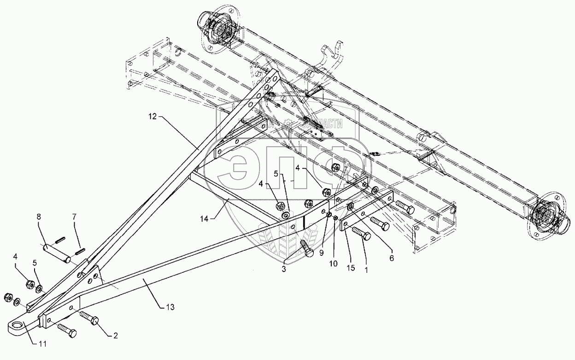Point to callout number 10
point(333,264)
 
